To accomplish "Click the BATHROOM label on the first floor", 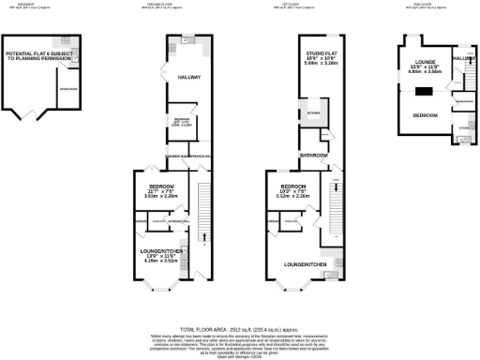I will pos(312,153).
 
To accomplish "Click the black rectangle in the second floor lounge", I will pos(425,91).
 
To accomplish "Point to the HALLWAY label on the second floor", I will pos(463,58).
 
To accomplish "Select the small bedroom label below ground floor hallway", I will pos(183,123).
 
